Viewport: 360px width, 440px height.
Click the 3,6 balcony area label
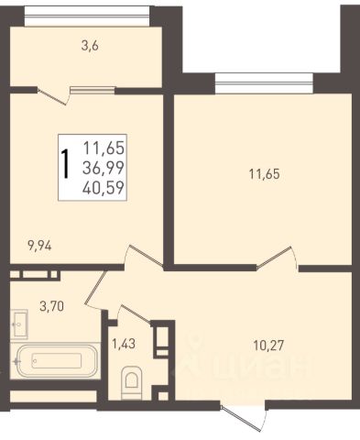(x=90, y=47)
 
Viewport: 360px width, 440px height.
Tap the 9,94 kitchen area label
(x=39, y=246)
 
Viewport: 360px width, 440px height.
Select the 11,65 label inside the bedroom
(x=265, y=174)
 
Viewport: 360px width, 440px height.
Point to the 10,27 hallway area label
(x=268, y=346)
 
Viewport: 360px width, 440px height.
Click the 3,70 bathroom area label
(x=52, y=305)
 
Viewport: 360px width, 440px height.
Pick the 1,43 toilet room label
(x=124, y=345)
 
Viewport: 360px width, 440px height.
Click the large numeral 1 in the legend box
(x=65, y=163)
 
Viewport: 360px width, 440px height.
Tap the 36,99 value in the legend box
(x=104, y=168)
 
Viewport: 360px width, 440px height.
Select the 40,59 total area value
(x=104, y=187)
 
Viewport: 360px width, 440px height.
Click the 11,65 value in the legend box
(x=104, y=148)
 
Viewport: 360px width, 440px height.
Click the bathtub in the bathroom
(x=56, y=360)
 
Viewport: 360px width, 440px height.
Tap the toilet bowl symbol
(x=132, y=382)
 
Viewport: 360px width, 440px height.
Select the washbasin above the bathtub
(x=19, y=324)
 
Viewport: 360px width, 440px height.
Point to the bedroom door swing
(x=278, y=258)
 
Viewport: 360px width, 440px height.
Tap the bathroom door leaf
(x=95, y=288)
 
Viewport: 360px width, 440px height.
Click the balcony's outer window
(x=87, y=16)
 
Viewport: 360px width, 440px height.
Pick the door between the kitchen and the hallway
(x=144, y=256)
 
